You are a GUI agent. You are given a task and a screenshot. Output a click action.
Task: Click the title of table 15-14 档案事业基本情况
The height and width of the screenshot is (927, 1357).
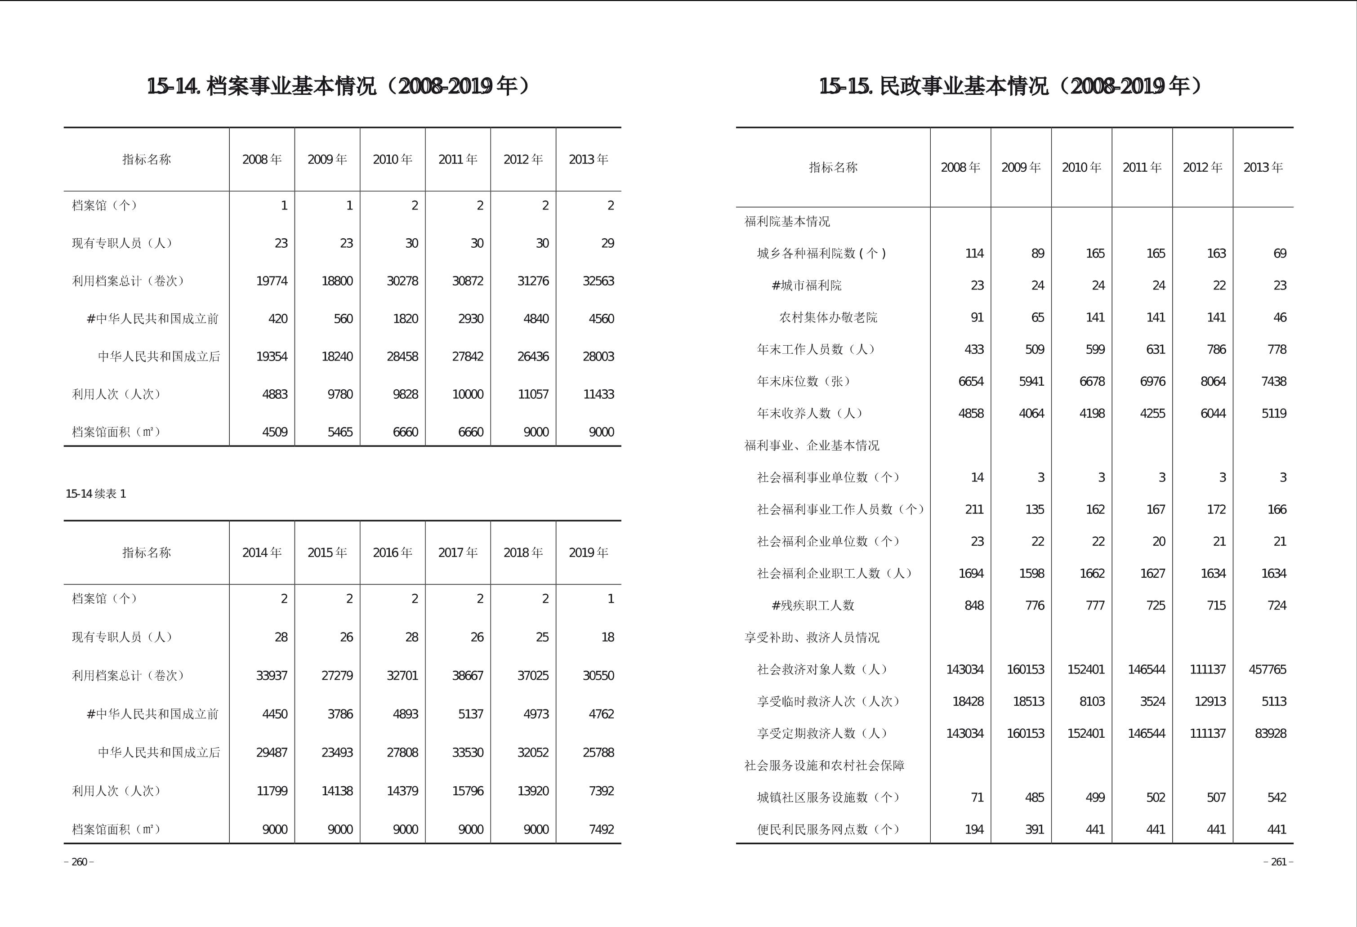click(339, 86)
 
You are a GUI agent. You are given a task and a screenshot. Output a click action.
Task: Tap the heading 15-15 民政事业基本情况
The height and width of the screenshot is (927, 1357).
click(1011, 86)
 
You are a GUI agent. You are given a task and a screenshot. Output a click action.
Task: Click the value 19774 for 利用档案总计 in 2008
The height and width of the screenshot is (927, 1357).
click(272, 281)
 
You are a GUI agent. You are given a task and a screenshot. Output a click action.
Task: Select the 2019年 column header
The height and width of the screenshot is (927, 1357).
click(588, 552)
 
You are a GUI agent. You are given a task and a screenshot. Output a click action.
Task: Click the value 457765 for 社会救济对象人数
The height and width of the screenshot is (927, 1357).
click(1267, 669)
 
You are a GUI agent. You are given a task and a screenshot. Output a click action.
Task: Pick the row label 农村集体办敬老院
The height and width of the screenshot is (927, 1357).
click(828, 317)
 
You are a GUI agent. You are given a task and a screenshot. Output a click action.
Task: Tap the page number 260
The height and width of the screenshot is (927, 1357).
click(79, 862)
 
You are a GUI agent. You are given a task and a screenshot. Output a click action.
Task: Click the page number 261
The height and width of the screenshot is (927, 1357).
click(1278, 862)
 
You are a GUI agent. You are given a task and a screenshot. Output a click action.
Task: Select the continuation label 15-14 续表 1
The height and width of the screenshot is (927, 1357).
click(96, 494)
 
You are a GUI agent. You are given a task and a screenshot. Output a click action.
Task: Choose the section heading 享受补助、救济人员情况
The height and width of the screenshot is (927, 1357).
click(812, 637)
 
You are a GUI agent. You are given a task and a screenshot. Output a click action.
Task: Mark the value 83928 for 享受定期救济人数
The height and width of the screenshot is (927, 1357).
click(1270, 733)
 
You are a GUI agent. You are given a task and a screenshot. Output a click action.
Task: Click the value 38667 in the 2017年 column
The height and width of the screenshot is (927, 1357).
click(467, 675)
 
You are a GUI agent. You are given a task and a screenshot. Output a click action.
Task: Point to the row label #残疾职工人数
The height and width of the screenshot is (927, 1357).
click(813, 606)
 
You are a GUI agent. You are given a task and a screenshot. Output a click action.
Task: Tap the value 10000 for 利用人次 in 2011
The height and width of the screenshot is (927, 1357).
click(467, 394)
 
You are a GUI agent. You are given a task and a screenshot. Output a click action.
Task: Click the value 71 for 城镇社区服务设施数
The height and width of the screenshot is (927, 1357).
click(977, 798)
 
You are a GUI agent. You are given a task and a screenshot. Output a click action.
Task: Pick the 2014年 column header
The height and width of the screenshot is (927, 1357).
click(262, 552)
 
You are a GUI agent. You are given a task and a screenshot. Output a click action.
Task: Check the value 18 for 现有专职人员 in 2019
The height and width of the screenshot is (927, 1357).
click(607, 637)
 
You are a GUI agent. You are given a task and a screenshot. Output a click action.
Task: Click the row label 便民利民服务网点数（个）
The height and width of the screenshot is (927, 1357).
click(828, 829)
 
